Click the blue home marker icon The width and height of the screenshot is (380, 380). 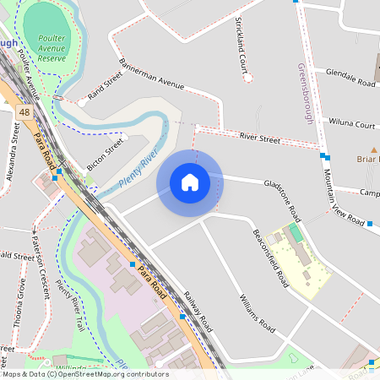coord(190,182)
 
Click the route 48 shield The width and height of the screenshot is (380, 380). coord(24,112)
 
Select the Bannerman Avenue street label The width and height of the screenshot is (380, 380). coord(152,79)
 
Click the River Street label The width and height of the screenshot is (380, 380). coord(259,137)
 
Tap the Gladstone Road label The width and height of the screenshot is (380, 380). coord(289,196)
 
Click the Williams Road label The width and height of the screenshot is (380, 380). coord(257,312)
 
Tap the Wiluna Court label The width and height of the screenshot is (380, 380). coord(351,124)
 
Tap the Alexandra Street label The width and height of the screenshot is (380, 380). coord(13,152)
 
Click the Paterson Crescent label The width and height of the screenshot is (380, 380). coord(41,265)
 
